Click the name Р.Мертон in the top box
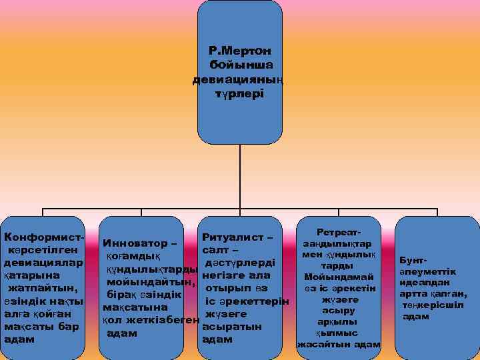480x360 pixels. pyautogui.click(x=239, y=51)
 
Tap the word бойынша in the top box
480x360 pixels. pyautogui.click(x=239, y=65)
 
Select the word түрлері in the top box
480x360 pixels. pyautogui.click(x=239, y=94)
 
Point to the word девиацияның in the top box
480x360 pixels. pyautogui.click(x=239, y=80)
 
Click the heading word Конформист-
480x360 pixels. pyautogui.click(x=44, y=237)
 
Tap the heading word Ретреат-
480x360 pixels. pyautogui.click(x=339, y=230)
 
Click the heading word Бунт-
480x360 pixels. pyautogui.click(x=415, y=258)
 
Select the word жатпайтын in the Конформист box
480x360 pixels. pyautogui.click(x=43, y=288)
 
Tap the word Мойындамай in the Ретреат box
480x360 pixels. pyautogui.click(x=339, y=277)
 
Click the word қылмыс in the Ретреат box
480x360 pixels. pyautogui.click(x=339, y=333)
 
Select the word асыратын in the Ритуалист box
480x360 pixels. pyautogui.click(x=231, y=327)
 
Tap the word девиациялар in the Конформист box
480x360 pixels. pyautogui.click(x=44, y=263)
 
